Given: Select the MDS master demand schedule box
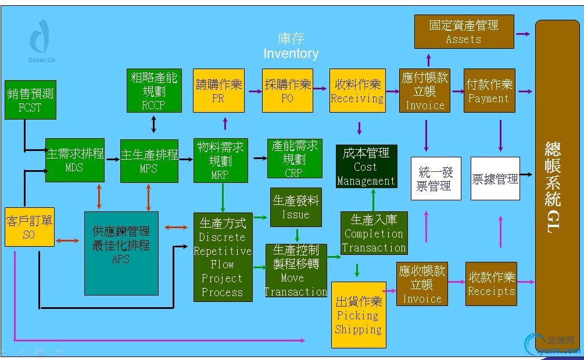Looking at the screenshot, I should tap(75, 160).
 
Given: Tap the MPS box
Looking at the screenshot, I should tap(149, 160).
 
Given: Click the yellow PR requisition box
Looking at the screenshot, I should tap(218, 91).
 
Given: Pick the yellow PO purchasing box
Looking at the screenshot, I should tap(287, 91).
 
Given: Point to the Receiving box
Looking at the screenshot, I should tap(357, 91).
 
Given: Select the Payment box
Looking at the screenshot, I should tap(489, 91).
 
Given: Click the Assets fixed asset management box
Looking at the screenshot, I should tap(464, 31).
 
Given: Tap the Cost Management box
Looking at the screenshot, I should tap(366, 167).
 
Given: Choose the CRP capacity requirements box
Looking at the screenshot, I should tap(295, 159).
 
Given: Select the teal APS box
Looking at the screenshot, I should tap(121, 253).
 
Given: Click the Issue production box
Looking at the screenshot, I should tap(296, 207).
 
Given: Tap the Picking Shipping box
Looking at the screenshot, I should tap(359, 315).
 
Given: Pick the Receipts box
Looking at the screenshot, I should tap(491, 283).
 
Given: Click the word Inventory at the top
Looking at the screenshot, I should tap(291, 54).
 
